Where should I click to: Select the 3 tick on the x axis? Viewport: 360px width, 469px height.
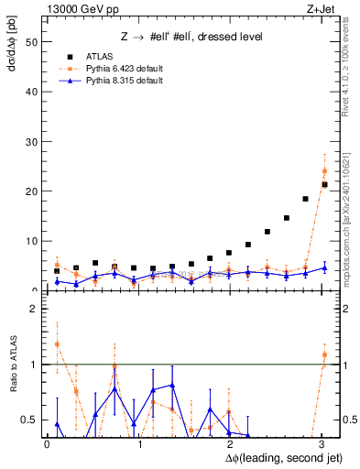point(322,444)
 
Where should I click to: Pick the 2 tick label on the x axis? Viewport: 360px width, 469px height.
point(231,444)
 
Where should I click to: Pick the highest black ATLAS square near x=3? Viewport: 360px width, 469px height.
point(324,184)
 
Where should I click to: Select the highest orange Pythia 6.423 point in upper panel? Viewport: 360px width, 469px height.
point(324,170)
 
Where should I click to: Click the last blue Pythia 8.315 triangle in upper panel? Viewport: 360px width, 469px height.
point(324,267)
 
